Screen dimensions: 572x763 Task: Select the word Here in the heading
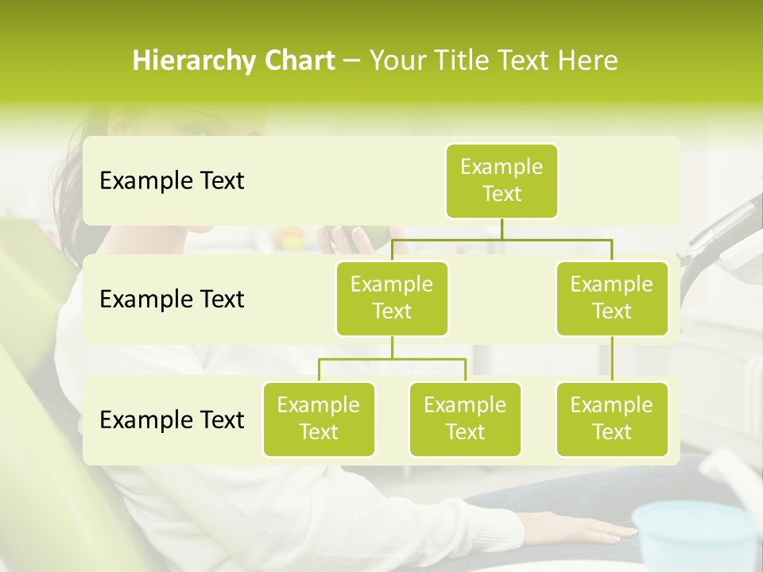click(587, 61)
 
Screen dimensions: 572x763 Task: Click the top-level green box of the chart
click(502, 181)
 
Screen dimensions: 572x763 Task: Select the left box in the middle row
click(392, 298)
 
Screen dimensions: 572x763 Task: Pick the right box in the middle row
click(612, 298)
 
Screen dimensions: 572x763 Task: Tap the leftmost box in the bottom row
click(319, 419)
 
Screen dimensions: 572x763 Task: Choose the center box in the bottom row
click(465, 419)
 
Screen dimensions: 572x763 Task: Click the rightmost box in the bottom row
click(612, 419)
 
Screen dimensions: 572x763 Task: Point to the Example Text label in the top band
click(172, 181)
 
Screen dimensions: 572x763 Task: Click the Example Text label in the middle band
click(172, 300)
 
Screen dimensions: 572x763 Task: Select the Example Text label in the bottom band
click(172, 420)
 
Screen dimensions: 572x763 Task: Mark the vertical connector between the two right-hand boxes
click(612, 359)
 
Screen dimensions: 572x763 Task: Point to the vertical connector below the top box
click(502, 229)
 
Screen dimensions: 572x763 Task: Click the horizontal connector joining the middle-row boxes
click(502, 239)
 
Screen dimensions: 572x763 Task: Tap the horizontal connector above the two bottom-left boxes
click(392, 359)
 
